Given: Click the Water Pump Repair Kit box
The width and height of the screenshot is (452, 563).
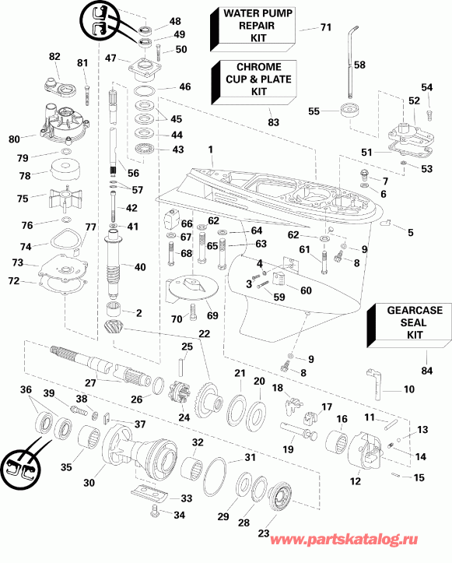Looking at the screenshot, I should pos(253,26).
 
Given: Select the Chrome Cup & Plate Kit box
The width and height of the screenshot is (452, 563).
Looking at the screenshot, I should pos(253,79).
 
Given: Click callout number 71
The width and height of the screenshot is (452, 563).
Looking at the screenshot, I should pos(325,27).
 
